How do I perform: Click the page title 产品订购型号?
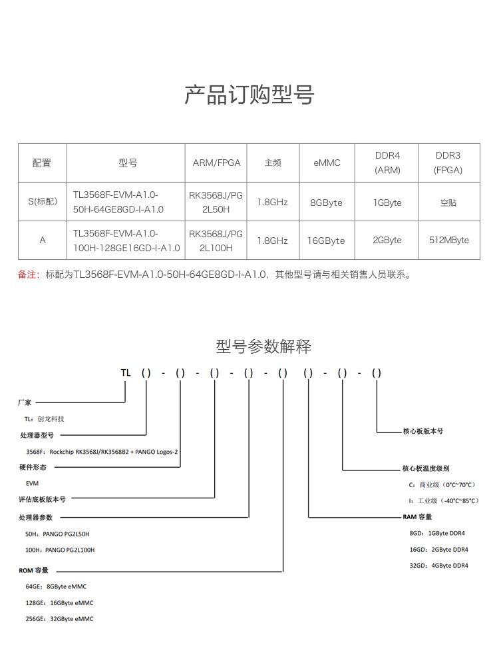(x=249, y=95)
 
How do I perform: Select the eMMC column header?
(x=327, y=163)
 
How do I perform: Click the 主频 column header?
(x=272, y=163)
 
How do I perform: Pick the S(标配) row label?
(x=43, y=202)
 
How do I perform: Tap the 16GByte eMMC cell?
(x=327, y=240)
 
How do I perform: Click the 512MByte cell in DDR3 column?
(x=448, y=240)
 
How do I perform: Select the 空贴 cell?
(x=448, y=202)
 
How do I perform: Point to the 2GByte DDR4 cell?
(x=387, y=240)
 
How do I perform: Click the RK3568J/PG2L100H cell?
(x=216, y=241)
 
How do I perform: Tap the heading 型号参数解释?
(x=263, y=346)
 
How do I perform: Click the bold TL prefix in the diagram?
(x=126, y=373)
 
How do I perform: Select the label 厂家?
(x=25, y=402)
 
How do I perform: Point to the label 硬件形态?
(x=33, y=468)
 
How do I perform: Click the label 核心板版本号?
(x=422, y=431)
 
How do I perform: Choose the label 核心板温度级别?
(x=426, y=468)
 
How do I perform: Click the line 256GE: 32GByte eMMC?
(x=59, y=619)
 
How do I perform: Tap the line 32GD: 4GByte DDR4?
(x=438, y=566)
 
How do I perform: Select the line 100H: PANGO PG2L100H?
(x=60, y=550)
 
